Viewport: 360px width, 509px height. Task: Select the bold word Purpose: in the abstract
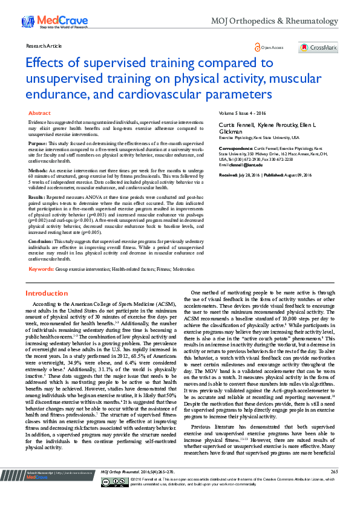pyautogui.click(x=38, y=143)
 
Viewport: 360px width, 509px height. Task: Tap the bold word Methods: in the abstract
pyautogui.click(x=38, y=170)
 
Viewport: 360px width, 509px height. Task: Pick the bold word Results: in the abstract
pyautogui.click(x=37, y=198)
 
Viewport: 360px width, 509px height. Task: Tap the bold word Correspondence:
pyautogui.click(x=235, y=148)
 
